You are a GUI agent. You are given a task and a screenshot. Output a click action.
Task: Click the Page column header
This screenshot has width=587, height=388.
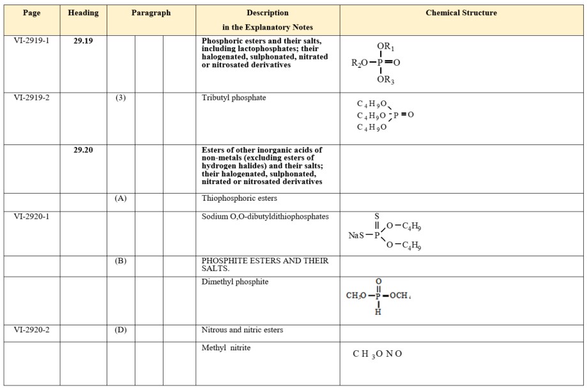tap(31, 13)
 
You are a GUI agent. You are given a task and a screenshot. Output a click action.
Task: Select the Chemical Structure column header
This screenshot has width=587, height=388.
tap(461, 13)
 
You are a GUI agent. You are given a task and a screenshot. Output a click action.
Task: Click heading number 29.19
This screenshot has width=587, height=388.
tap(83, 40)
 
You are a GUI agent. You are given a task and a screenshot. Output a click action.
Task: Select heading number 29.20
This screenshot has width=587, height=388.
tap(83, 150)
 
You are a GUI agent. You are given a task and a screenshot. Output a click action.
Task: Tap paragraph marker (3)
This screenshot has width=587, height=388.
tap(121, 98)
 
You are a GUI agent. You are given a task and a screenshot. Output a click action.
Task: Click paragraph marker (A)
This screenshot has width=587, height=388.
tap(121, 198)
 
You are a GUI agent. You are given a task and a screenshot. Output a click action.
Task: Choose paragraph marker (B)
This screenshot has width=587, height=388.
tap(121, 261)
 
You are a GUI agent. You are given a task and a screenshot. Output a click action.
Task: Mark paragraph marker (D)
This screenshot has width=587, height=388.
tap(121, 330)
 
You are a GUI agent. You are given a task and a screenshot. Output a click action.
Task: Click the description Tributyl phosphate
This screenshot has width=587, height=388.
tap(234, 98)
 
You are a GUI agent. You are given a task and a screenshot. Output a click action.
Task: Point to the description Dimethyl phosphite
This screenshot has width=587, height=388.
tap(235, 281)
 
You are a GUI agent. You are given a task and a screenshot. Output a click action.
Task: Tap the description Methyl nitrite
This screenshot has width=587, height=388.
tap(226, 348)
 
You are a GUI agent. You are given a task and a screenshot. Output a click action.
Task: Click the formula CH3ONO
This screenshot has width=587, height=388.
tap(377, 353)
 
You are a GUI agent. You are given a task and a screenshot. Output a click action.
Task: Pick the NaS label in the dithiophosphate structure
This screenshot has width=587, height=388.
tap(356, 235)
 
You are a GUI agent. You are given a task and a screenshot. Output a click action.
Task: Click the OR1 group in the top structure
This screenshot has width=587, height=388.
tap(386, 47)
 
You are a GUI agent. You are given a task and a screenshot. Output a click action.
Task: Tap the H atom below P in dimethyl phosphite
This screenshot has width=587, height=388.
tap(378, 312)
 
